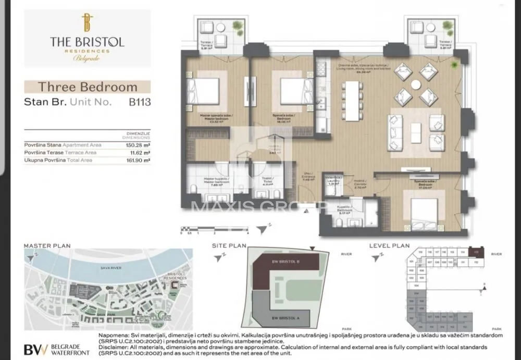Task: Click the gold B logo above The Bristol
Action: (x=87, y=22)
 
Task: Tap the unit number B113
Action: (x=139, y=102)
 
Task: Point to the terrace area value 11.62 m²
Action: (x=140, y=153)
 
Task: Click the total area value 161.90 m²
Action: (x=139, y=160)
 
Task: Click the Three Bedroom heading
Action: (x=88, y=87)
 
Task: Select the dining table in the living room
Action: (x=353, y=102)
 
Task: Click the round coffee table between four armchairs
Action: (x=416, y=84)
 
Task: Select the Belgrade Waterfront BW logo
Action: (x=36, y=349)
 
